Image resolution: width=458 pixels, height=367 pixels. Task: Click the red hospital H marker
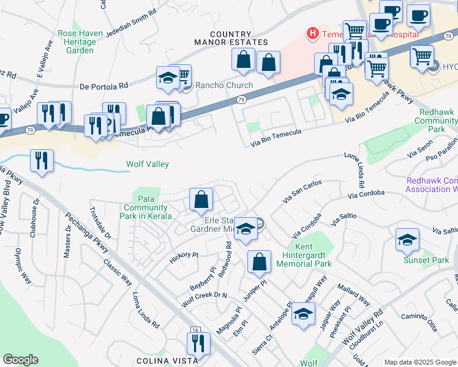point(313,32)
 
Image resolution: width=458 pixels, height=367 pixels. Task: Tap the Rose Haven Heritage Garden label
point(77,42)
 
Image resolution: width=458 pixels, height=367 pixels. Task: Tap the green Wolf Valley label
point(147,164)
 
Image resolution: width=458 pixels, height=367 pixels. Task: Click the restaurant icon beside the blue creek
point(42,160)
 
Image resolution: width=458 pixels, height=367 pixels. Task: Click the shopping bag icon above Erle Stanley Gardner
point(201,199)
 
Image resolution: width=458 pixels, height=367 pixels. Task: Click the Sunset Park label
point(426,261)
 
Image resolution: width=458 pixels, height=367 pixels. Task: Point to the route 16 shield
point(195,330)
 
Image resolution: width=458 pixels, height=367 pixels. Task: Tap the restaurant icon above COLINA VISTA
point(198,344)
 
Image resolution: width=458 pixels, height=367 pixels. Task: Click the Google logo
point(20,360)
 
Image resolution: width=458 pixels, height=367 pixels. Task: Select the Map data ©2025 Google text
point(419,362)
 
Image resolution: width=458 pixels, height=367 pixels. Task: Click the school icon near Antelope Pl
point(302,313)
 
